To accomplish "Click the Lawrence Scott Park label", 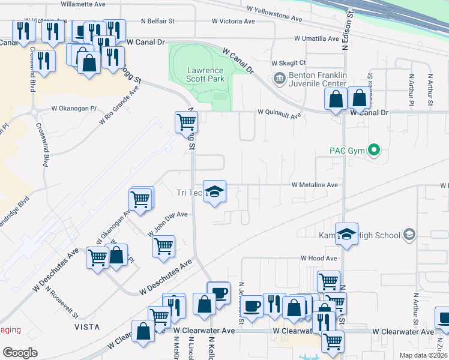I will pos(205,74).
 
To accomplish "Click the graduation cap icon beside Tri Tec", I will pos(214,192).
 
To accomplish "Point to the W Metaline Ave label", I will pos(315,185).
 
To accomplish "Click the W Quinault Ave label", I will pos(279,112).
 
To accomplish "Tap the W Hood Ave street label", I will pos(319,258).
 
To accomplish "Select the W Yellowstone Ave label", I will pos(274,10).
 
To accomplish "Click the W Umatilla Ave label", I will pos(316,38).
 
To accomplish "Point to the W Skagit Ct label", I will pos(289,63).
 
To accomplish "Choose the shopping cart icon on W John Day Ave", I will pos(163,246).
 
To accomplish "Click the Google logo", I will pos(20,352).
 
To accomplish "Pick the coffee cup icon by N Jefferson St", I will pos(252,305).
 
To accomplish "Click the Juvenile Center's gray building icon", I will pos(279,79).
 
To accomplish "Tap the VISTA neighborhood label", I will pos(86,327).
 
